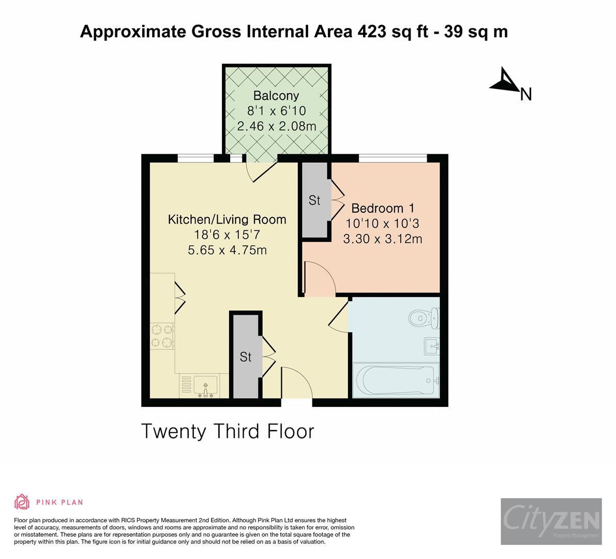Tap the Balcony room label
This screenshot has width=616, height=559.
[x=276, y=96]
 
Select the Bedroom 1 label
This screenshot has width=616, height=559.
[x=383, y=209]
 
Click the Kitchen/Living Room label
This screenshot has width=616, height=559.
[x=227, y=219]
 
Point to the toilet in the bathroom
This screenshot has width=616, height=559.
[x=424, y=317]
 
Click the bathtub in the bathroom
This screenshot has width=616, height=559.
[x=396, y=380]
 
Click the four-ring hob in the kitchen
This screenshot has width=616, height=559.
[x=162, y=336]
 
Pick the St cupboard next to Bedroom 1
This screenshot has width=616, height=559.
[x=315, y=200]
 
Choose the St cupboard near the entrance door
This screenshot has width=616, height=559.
[x=246, y=357]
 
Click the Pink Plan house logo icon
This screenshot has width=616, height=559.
[x=22, y=502]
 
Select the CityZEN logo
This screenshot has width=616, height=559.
[x=551, y=521]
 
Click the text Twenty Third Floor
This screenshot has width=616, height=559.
[x=228, y=431]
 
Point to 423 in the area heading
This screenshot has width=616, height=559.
[x=371, y=32]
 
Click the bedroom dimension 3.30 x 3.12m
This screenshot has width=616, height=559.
[x=383, y=239]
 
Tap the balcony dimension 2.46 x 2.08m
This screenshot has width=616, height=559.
[x=276, y=126]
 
